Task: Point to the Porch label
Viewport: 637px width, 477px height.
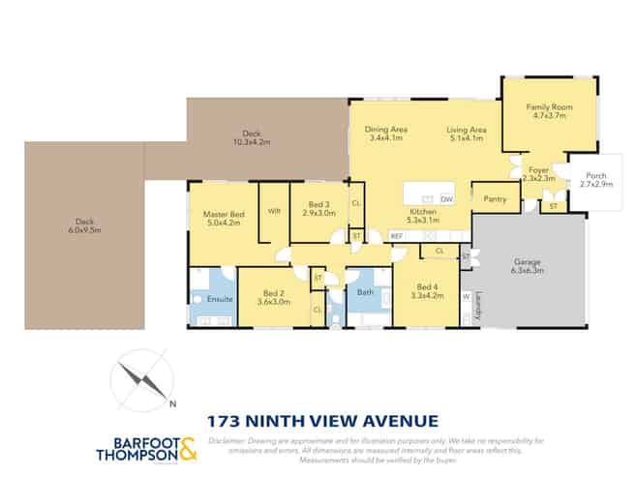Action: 595,174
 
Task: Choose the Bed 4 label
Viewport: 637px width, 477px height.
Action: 426,286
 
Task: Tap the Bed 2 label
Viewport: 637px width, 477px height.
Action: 273,293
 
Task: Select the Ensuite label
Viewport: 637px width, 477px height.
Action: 220,300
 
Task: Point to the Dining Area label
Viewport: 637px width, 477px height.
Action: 385,129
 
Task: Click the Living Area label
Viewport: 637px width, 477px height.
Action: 466,129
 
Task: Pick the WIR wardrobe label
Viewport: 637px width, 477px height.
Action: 274,211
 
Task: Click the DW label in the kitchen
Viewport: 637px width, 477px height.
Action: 445,197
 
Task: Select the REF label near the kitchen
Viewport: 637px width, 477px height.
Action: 397,235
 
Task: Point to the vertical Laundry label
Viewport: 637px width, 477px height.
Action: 479,307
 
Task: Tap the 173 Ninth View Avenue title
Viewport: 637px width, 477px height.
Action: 323,421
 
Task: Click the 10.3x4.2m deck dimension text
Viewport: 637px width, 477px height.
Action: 253,142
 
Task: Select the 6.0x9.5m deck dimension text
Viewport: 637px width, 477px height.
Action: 84,230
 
